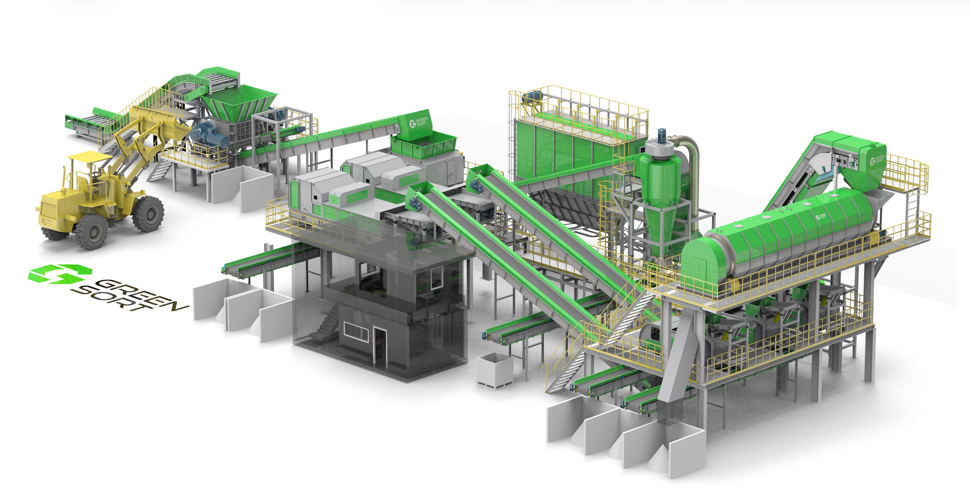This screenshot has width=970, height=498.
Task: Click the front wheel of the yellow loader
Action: (x=91, y=231)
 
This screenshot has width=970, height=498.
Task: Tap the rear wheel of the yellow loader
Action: (x=148, y=213)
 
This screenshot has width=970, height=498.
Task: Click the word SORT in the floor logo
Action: (x=113, y=299)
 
